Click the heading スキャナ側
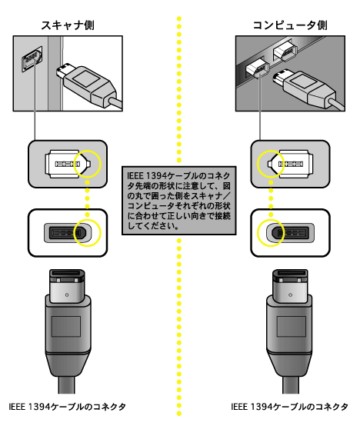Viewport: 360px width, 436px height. click(68, 25)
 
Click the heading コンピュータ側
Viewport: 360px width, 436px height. click(290, 25)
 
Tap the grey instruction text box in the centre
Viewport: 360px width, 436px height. click(179, 201)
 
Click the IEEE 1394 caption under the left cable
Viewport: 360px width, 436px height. click(68, 407)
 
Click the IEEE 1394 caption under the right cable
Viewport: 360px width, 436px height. click(289, 407)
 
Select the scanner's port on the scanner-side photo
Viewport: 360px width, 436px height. click(32, 59)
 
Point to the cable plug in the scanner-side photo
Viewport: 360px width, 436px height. click(89, 85)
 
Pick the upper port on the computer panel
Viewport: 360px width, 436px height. click(285, 51)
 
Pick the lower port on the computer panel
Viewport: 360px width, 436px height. click(258, 68)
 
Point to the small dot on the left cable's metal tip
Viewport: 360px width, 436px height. click(67, 295)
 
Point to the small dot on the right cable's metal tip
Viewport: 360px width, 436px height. click(291, 295)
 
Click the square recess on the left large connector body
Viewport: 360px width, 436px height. click(66, 326)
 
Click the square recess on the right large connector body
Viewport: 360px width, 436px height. click(291, 326)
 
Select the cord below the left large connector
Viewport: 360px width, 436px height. click(66, 384)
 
